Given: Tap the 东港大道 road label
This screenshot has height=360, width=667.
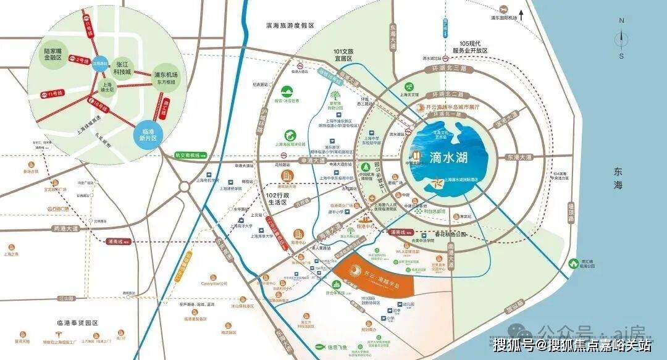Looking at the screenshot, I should [x=519, y=157].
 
